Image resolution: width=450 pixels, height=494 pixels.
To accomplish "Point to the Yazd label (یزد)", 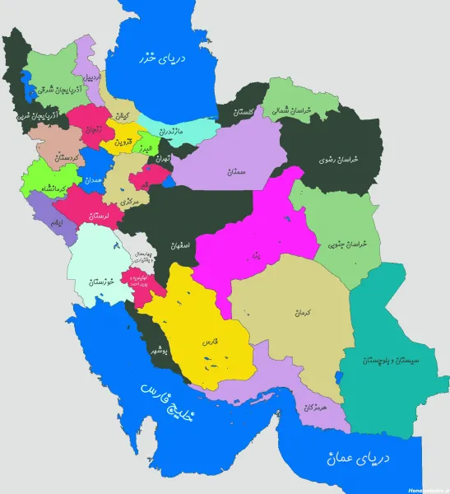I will click(256, 257).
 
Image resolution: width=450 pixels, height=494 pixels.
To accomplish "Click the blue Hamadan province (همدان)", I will click(92, 179).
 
